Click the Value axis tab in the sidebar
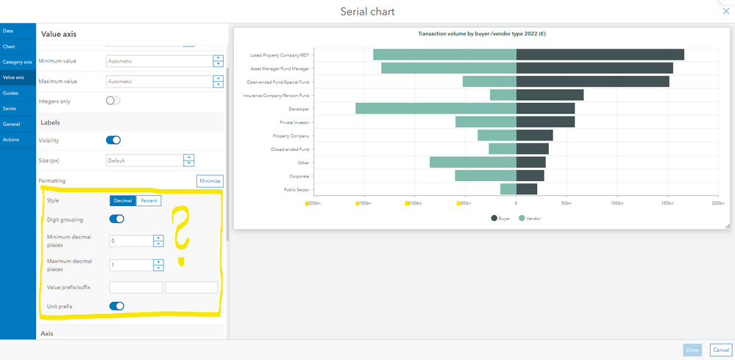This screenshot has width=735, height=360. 14,77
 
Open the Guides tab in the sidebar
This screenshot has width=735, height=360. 10,93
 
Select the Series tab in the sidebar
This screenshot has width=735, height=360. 10,108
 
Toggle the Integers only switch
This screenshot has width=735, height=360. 113,100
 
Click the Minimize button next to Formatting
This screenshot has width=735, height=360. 210,180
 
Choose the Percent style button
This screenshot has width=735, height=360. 148,200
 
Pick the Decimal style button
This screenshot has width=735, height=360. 123,200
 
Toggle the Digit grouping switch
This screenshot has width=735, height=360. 116,219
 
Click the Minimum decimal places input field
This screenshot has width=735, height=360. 130,241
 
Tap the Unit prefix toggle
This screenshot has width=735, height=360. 116,306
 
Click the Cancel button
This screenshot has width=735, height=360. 720,350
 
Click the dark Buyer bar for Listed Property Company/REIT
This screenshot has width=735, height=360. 600,54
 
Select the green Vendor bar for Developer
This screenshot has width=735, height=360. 436,108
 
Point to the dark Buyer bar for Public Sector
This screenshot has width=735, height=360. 527,189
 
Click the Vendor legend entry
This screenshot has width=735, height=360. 530,218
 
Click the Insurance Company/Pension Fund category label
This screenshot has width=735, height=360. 277,95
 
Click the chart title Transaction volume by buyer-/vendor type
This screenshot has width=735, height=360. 481,34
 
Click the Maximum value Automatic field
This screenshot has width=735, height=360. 158,82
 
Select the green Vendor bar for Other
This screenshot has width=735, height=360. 473,162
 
